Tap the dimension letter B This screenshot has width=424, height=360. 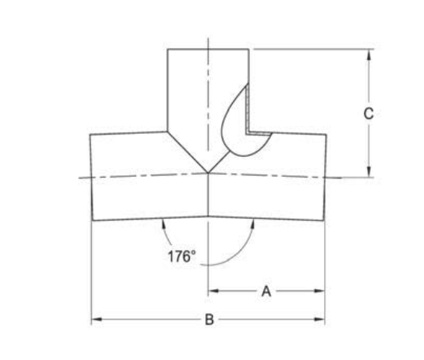click(x=210, y=320)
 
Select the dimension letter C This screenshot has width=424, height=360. click(x=368, y=114)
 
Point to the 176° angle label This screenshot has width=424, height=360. click(x=181, y=256)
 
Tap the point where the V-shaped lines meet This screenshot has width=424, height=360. click(x=208, y=173)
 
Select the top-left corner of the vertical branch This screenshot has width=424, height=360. click(x=167, y=49)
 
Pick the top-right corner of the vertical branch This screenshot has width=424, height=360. click(x=249, y=49)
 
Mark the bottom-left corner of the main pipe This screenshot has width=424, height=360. click(x=93, y=220)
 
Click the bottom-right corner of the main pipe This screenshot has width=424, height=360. click(x=324, y=220)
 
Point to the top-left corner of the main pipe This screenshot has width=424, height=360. click(x=90, y=135)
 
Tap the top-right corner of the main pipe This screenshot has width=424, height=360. click(x=326, y=135)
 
